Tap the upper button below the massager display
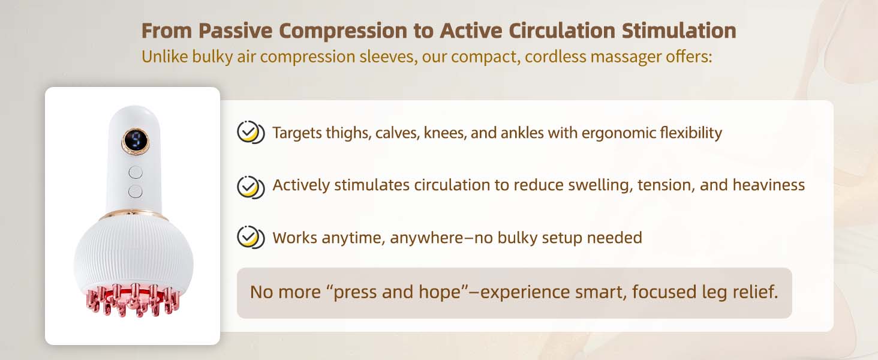(136, 172)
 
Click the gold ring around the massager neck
(134, 214)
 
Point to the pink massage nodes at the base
(134, 298)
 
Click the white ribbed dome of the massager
(134, 252)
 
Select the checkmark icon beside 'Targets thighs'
(249, 133)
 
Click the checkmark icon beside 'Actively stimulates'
(249, 186)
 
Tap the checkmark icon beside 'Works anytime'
(249, 237)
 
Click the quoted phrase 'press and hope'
(395, 292)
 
